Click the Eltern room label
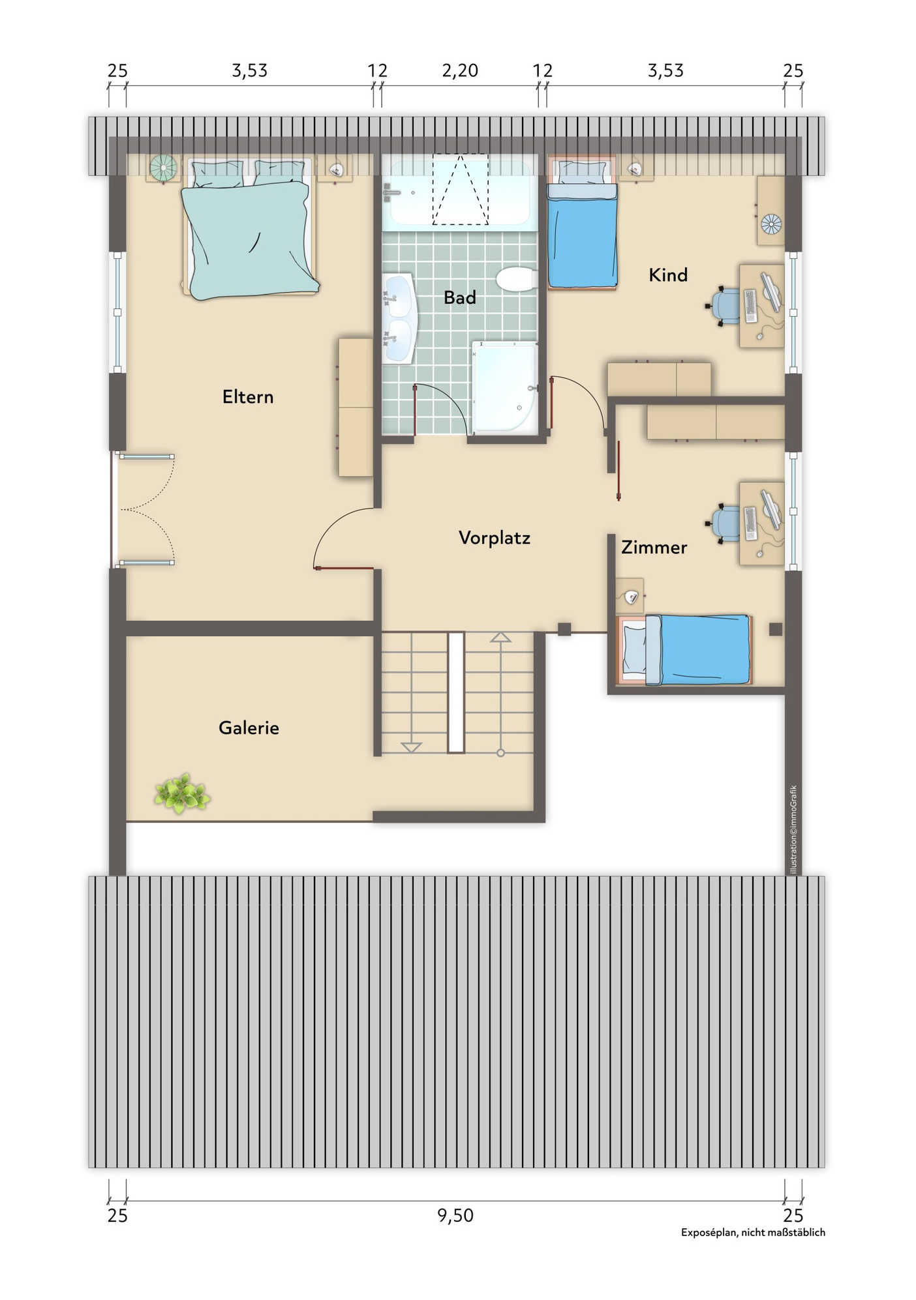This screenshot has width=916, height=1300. click(x=247, y=396)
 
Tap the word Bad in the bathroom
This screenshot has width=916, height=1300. click(x=459, y=297)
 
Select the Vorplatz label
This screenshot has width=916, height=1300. click(x=494, y=538)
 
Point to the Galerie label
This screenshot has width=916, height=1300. click(x=249, y=728)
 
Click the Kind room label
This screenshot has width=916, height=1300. click(x=667, y=274)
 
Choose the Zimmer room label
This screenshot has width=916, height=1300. click(x=654, y=547)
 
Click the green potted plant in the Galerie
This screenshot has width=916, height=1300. click(x=182, y=794)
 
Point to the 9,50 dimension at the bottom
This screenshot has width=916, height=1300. click(x=455, y=1215)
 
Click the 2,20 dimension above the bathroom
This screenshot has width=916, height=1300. click(x=460, y=70)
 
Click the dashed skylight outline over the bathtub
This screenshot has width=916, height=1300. click(x=460, y=189)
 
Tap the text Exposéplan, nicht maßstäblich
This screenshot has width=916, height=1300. click(x=753, y=1232)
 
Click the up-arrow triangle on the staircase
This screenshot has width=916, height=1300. click(x=500, y=637)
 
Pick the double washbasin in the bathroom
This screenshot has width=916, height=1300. click(x=399, y=318)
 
